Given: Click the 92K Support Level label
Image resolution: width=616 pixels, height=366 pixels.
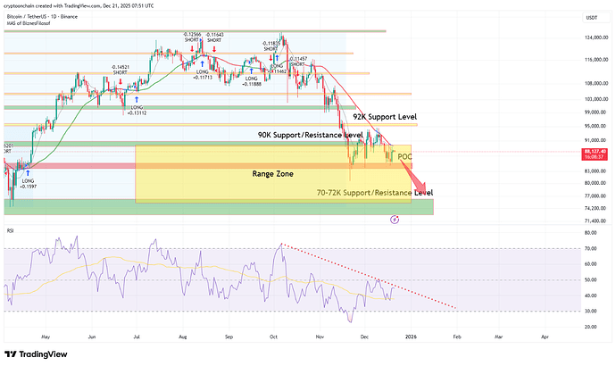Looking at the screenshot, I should click(384, 117).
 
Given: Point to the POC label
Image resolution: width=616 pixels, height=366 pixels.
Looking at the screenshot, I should click(404, 156).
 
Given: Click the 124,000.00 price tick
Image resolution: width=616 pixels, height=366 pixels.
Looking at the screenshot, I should click(590, 37).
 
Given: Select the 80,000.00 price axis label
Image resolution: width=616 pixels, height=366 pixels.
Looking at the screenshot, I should click(590, 183).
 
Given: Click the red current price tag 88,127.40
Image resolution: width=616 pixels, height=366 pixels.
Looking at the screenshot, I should click(589, 153).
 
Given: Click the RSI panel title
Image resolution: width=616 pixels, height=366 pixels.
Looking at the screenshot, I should click(11, 230).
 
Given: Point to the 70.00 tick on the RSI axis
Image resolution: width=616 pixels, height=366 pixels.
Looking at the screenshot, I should click(588, 248).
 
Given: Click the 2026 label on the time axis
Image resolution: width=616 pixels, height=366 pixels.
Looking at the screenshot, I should click(411, 337).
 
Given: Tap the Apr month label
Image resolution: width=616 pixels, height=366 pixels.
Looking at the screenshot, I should click(545, 337).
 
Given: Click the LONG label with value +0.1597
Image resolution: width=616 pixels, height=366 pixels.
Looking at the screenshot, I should click(29, 184).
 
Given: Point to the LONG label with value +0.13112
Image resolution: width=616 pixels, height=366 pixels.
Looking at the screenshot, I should click(136, 111).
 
